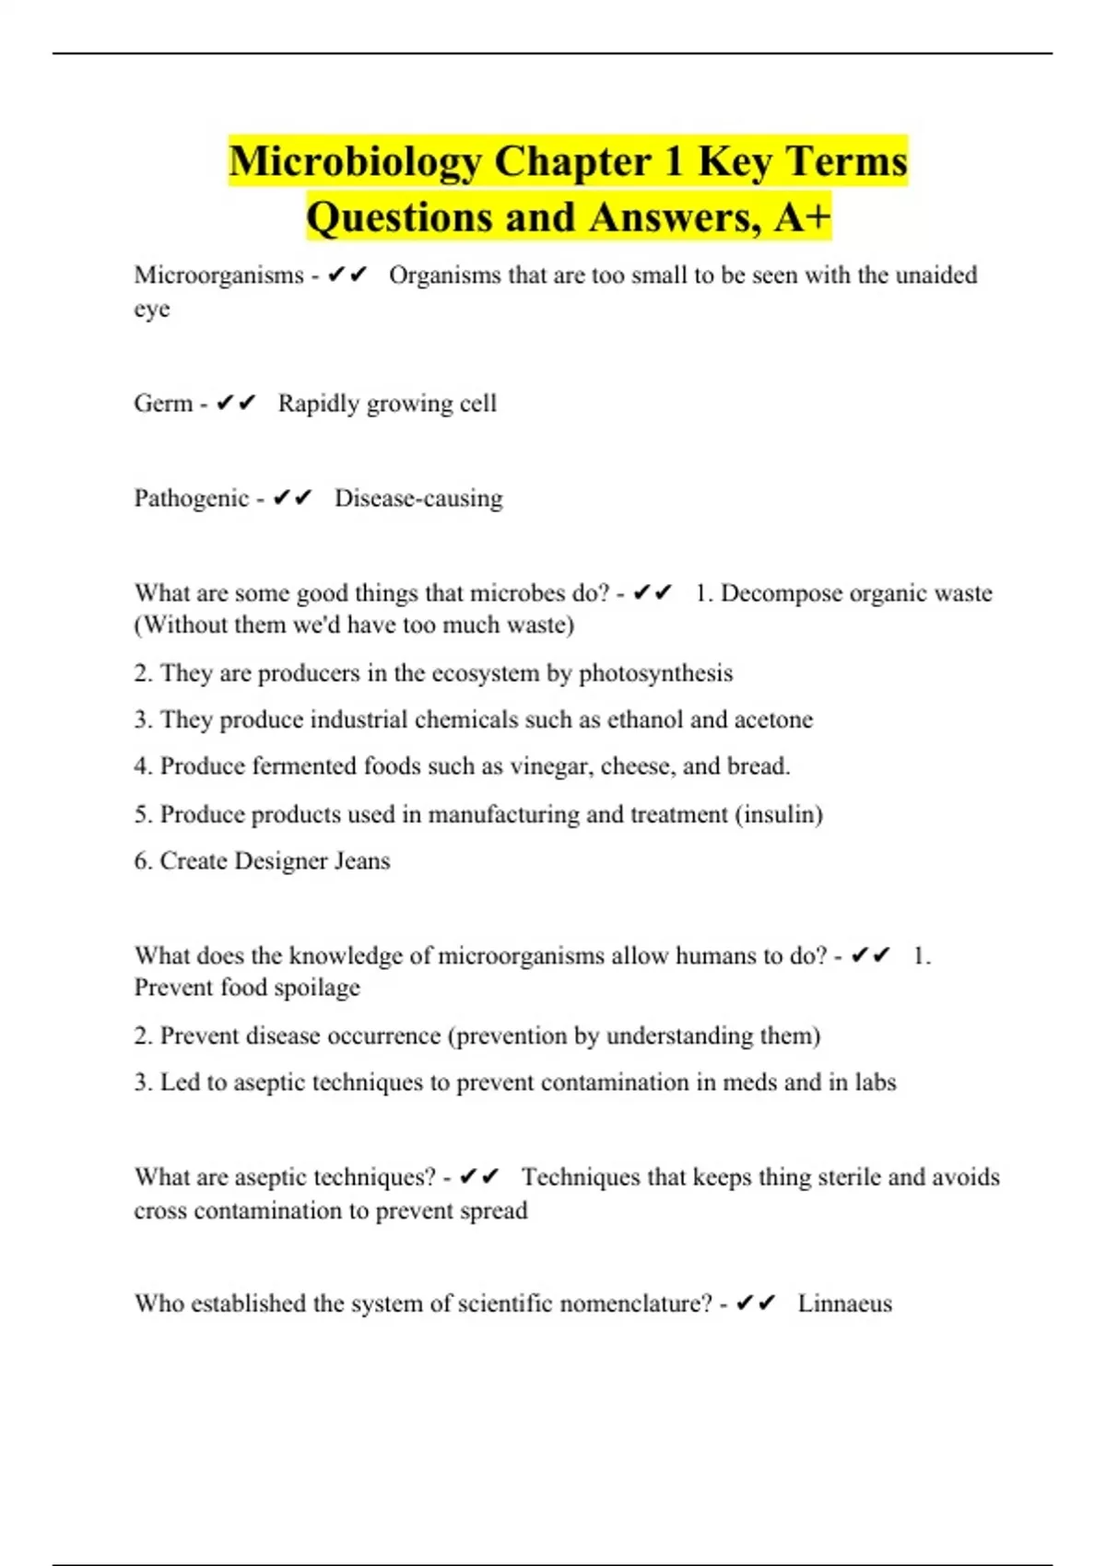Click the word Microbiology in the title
(x=356, y=161)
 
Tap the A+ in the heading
(x=803, y=217)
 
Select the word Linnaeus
(x=844, y=1303)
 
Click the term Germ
(x=163, y=403)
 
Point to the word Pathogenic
(x=192, y=498)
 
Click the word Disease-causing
(x=418, y=498)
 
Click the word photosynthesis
(x=655, y=673)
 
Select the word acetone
(x=774, y=719)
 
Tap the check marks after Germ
(x=236, y=403)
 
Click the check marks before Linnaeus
(x=757, y=1303)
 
